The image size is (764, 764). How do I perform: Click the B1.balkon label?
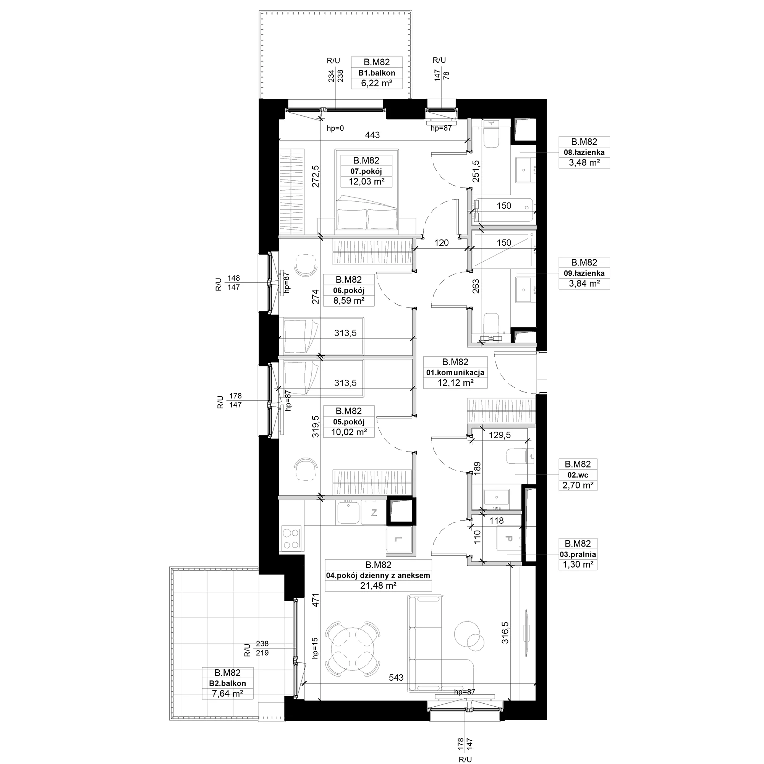[377, 73]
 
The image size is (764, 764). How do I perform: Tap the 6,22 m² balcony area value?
[377, 83]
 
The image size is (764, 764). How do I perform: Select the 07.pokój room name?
[366, 171]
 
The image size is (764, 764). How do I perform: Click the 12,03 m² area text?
[366, 181]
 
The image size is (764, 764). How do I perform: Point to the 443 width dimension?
[372, 135]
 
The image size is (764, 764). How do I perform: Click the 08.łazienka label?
[584, 152]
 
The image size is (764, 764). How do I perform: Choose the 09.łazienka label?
[584, 273]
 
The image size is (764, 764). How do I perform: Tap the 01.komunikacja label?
[455, 372]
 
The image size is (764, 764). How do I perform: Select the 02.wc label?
[578, 475]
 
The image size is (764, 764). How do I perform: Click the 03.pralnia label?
[578, 554]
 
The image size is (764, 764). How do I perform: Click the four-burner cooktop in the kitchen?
[291, 538]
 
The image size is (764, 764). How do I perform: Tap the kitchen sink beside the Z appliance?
[348, 513]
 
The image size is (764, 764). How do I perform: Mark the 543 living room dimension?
[396, 677]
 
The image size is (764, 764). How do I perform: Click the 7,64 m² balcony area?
[227, 693]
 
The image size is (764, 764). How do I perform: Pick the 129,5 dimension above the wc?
[500, 435]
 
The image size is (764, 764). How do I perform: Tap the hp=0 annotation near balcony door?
[335, 128]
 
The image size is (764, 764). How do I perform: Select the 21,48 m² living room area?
[378, 586]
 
